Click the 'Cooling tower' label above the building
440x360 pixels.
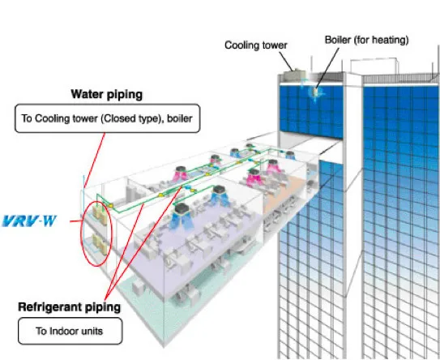click(256, 45)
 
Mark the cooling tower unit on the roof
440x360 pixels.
click(298, 74)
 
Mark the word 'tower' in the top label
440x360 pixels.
click(273, 45)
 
